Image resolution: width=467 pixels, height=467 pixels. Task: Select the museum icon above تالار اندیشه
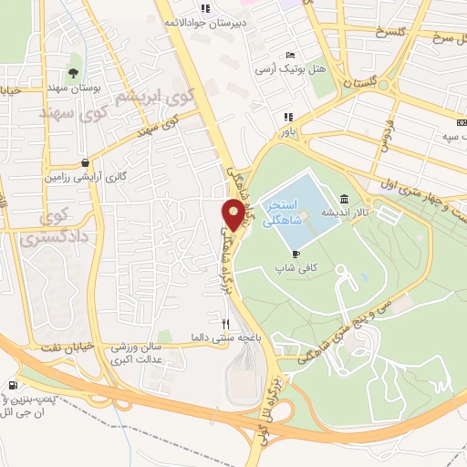point(343,198)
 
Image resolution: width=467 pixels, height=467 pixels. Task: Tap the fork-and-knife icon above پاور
point(289,117)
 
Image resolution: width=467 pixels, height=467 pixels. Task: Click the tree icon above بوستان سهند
point(73,70)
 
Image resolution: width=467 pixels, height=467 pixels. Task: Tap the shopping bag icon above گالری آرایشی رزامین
point(84,161)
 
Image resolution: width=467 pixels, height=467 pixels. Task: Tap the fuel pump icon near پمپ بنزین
point(12,387)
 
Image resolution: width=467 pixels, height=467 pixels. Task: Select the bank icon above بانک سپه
point(458,125)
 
